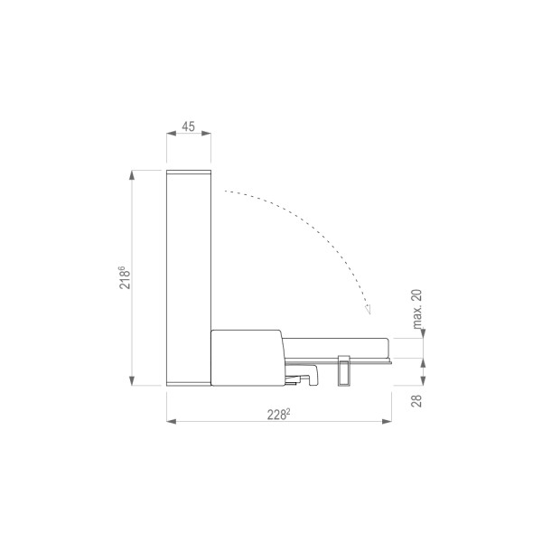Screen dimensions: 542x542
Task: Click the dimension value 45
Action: click(189, 126)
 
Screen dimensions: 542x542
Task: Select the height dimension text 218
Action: click(125, 279)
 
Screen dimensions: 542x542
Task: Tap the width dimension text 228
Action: click(276, 415)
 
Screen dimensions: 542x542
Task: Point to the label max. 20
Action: click(417, 309)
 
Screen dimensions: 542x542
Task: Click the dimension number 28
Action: click(417, 400)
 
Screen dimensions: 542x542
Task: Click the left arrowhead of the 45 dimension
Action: click(172, 134)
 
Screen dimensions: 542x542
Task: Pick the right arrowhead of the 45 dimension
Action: click(206, 134)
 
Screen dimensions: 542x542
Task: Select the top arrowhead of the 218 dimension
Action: click(132, 175)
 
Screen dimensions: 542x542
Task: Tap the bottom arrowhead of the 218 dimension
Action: click(132, 381)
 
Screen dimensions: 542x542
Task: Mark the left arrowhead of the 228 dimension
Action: click(172, 421)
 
